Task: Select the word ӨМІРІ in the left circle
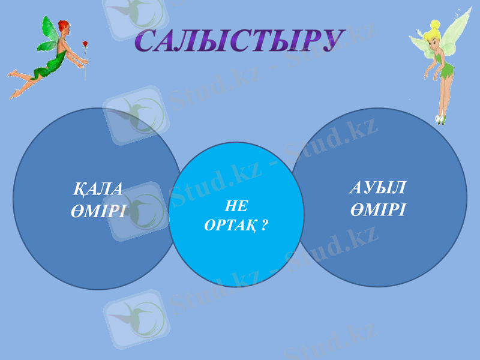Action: coord(98,211)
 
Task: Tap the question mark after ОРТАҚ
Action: coord(265,226)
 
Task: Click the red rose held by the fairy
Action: coord(85,45)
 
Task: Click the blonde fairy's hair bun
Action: coord(434,26)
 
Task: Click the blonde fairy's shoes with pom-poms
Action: coord(441,118)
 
